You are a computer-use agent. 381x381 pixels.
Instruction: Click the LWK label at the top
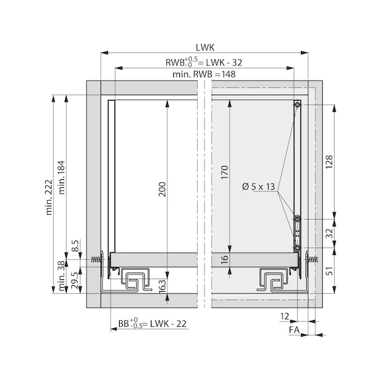click(x=205, y=48)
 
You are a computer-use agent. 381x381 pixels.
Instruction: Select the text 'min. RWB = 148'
click(x=204, y=74)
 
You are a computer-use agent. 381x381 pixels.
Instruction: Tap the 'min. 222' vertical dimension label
click(x=49, y=197)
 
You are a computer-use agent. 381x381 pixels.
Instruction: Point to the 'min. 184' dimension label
click(x=62, y=177)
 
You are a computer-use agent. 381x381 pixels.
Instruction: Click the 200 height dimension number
click(x=162, y=189)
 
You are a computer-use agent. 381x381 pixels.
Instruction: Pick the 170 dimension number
click(x=225, y=172)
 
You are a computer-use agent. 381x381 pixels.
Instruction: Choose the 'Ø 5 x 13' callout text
click(x=259, y=187)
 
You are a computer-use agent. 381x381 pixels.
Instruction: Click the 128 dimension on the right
click(x=329, y=162)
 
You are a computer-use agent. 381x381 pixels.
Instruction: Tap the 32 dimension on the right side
click(x=329, y=233)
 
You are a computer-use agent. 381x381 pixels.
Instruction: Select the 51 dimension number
click(x=329, y=271)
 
